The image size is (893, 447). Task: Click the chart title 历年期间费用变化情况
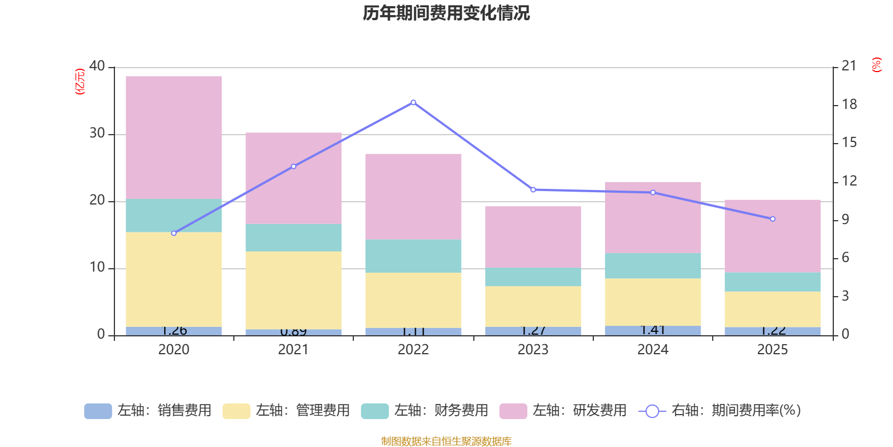click(x=446, y=13)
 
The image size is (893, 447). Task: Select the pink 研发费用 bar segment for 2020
click(x=174, y=137)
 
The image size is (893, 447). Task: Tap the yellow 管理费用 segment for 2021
click(x=294, y=290)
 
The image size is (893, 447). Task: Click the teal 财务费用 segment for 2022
click(x=413, y=256)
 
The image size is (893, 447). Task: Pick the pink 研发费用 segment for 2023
click(x=533, y=237)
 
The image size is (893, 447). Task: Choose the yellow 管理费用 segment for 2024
click(x=653, y=302)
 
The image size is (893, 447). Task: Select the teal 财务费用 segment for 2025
click(x=772, y=282)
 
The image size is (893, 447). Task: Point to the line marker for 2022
click(x=413, y=102)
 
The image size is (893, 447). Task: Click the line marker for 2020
click(x=174, y=233)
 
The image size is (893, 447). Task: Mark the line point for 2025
click(x=772, y=219)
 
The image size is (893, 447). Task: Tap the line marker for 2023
click(x=533, y=189)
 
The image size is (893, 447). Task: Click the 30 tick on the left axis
click(x=97, y=134)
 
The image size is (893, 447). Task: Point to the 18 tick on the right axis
click(x=849, y=104)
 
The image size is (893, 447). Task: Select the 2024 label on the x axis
click(x=653, y=350)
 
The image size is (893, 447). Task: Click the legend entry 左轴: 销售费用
click(x=148, y=411)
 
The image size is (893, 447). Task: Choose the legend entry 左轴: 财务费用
click(x=425, y=411)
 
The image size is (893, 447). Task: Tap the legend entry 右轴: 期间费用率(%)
click(x=719, y=411)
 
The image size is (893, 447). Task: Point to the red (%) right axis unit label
click(x=877, y=65)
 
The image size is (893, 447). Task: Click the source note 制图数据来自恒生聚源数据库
click(x=446, y=441)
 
